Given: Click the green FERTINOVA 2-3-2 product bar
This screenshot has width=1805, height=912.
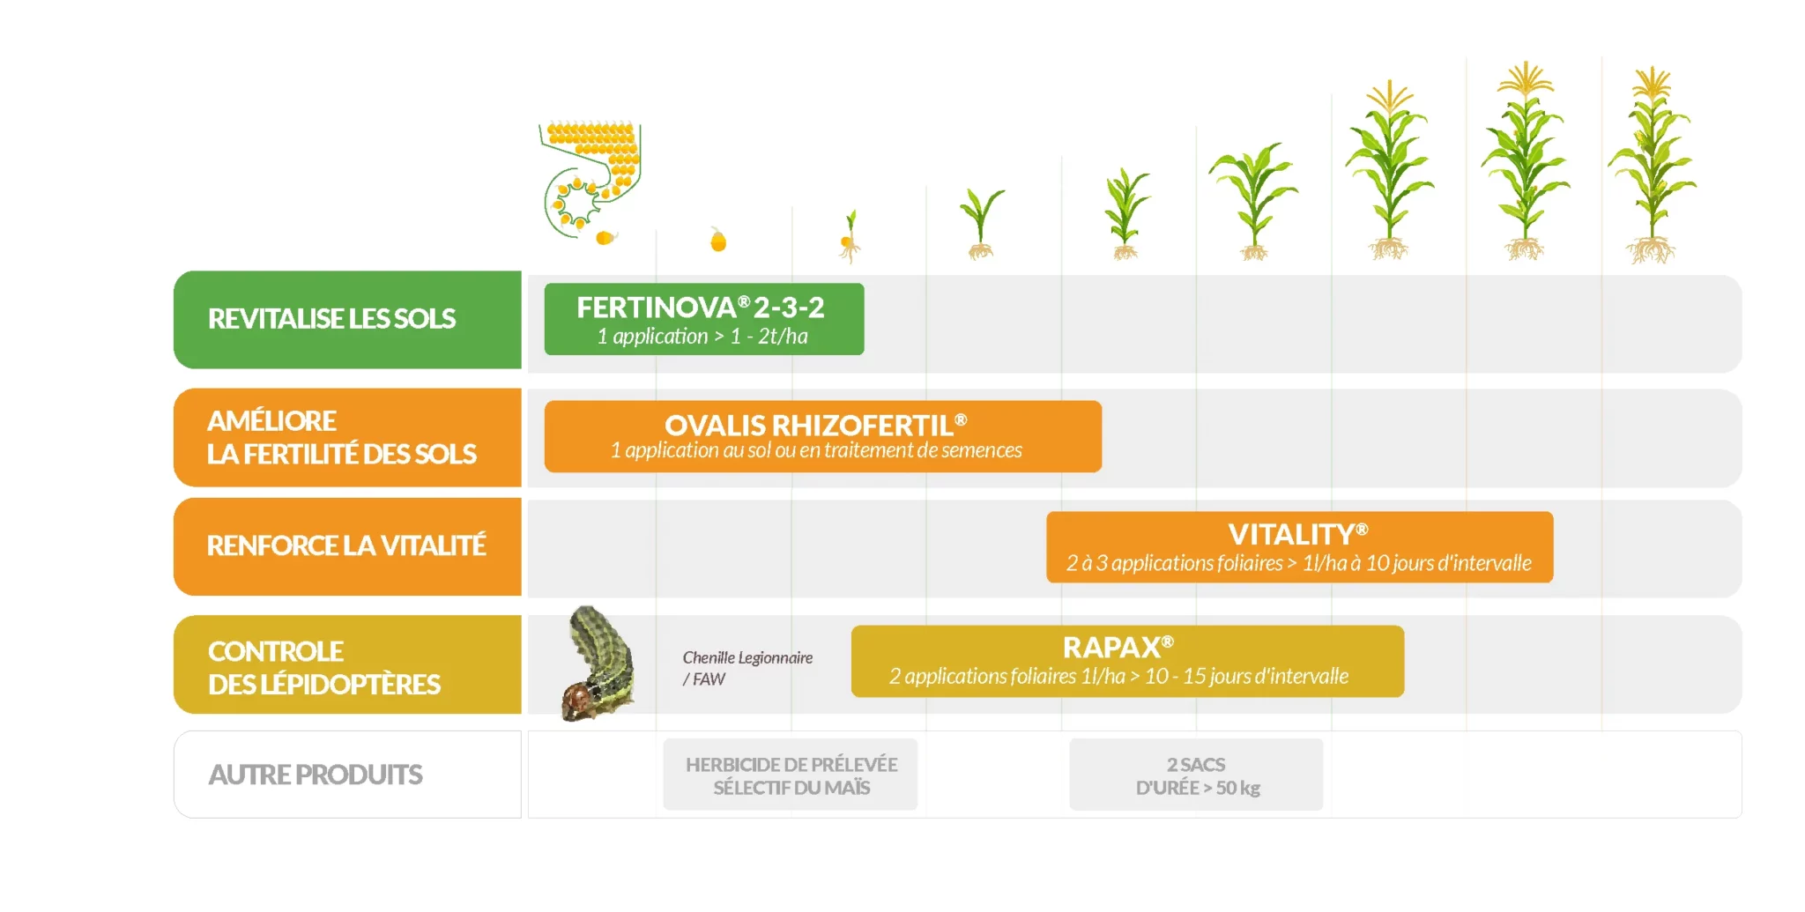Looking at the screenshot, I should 703,318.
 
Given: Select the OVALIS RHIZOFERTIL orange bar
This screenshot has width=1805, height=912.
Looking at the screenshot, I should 822,436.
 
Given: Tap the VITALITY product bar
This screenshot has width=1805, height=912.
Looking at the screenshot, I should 1299,546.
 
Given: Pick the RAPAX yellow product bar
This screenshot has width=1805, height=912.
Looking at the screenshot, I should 1126,661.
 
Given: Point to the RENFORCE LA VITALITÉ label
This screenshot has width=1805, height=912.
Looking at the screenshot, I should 346,546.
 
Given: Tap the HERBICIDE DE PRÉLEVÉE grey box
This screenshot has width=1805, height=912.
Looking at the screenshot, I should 791,775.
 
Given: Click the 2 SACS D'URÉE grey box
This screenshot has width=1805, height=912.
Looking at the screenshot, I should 1196,775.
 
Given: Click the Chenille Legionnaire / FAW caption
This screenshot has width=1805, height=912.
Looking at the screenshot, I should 747,668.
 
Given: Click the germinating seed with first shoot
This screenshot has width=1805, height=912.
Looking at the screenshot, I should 849,238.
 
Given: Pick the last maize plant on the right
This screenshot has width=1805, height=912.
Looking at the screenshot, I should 1652,167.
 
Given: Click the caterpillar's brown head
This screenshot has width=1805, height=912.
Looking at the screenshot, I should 577,700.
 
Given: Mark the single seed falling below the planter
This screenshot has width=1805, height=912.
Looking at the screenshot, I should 605,237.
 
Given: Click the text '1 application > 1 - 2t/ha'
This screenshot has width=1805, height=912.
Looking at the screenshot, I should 702,337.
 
